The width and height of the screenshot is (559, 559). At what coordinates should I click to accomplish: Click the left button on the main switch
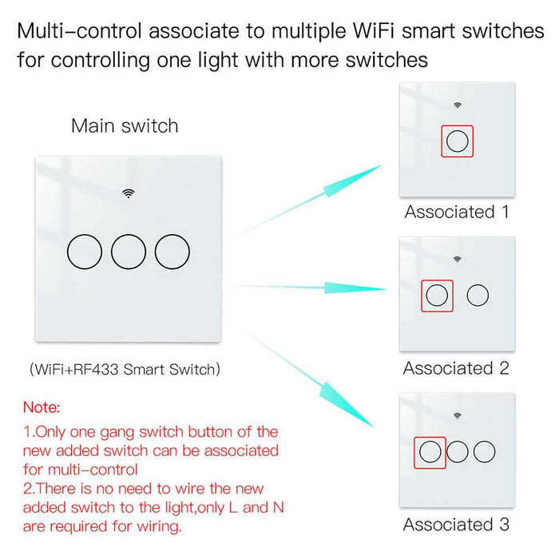[x=84, y=252]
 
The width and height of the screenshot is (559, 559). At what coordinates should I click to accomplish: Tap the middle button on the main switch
[x=129, y=252]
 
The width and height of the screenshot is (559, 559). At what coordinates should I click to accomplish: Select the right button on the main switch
[x=172, y=252]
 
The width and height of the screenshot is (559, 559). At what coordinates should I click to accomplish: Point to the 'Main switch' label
[x=125, y=125]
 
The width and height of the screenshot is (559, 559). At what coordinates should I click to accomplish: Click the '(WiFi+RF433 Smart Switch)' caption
[x=125, y=370]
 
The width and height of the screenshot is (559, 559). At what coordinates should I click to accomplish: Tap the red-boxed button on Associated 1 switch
[x=458, y=141]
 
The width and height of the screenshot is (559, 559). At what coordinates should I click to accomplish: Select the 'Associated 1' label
[x=457, y=212]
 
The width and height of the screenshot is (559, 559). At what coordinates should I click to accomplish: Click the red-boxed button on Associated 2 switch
[x=437, y=295]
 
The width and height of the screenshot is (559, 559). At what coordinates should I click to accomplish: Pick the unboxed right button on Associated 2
[x=478, y=295]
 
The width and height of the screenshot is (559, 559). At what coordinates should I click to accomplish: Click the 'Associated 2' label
[x=456, y=368]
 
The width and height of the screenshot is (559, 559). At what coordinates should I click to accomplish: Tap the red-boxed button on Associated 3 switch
[x=430, y=452]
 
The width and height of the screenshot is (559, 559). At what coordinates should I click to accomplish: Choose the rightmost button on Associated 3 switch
[x=484, y=452]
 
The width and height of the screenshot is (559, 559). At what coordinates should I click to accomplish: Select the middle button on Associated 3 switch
[x=458, y=452]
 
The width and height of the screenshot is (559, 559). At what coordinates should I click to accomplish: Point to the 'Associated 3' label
[x=456, y=525]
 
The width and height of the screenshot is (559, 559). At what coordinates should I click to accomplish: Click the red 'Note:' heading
[x=42, y=407]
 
